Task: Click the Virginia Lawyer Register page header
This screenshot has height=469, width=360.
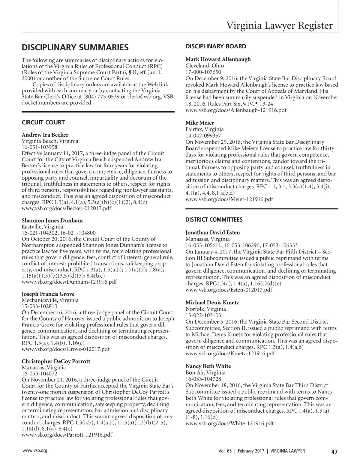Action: (x=279, y=25)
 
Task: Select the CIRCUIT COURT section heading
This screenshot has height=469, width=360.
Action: (x=43, y=122)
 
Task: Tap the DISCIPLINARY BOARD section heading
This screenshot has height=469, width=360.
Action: (x=216, y=46)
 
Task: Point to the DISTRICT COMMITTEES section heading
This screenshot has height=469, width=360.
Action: (x=214, y=220)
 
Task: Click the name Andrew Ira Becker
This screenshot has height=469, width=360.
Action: (x=45, y=135)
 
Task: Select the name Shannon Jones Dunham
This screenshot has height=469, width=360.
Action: (x=52, y=220)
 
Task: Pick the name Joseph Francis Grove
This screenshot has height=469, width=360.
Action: (x=48, y=294)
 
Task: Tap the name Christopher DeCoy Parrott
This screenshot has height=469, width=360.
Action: (x=56, y=361)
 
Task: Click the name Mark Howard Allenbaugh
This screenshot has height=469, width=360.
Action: (x=218, y=59)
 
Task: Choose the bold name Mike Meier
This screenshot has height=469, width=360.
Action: (x=200, y=123)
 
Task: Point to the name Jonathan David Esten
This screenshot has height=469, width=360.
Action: (x=213, y=233)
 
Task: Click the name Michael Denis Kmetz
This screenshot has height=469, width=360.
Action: (x=212, y=303)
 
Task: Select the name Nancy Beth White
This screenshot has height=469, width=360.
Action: (x=208, y=366)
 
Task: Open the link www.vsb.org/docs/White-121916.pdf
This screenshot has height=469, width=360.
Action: (x=229, y=423)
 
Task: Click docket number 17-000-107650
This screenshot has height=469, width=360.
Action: (x=203, y=72)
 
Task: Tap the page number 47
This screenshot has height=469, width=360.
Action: (x=334, y=452)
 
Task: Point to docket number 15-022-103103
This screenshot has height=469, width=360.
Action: (x=203, y=315)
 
